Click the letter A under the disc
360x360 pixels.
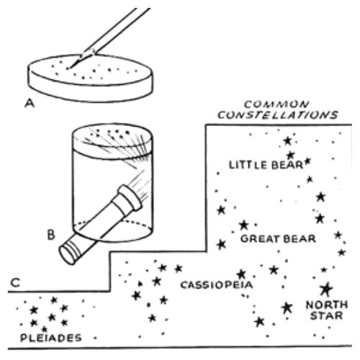pyautogui.click(x=30, y=104)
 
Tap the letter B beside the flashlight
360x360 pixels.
pyautogui.click(x=51, y=235)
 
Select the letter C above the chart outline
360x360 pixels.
pyautogui.click(x=15, y=283)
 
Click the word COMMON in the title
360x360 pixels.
pyautogui.click(x=276, y=104)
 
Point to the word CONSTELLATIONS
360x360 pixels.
pyautogui.click(x=278, y=115)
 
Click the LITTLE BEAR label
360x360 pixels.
pyautogui.click(x=266, y=165)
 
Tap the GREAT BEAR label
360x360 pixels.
pyautogui.click(x=278, y=239)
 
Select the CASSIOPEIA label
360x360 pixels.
pyautogui.click(x=217, y=285)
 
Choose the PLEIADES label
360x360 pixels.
pyautogui.click(x=51, y=338)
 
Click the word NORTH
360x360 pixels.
pyautogui.click(x=327, y=305)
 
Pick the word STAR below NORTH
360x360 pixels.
pyautogui.click(x=326, y=315)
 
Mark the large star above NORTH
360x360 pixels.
pyautogui.click(x=326, y=289)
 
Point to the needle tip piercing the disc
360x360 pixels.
pyautogui.click(x=68, y=68)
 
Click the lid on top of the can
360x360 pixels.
pyautogui.click(x=112, y=142)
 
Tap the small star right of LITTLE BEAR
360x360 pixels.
pyautogui.click(x=308, y=161)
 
